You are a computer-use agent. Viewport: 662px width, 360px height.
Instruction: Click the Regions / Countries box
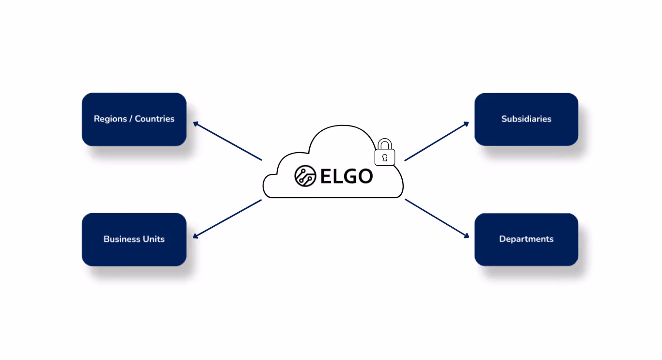click(134, 119)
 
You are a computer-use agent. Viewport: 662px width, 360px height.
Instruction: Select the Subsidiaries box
click(526, 119)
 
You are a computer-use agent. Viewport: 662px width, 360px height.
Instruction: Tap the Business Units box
click(134, 239)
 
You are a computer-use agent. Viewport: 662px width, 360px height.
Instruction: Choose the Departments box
click(526, 239)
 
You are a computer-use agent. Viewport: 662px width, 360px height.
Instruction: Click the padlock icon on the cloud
click(385, 154)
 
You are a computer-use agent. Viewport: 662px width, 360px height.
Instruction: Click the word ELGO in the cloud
click(347, 176)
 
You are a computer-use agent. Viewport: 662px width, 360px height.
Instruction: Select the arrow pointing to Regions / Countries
click(227, 141)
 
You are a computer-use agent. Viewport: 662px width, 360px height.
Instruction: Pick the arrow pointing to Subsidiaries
click(437, 141)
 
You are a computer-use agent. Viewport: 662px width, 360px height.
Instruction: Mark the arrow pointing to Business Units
click(227, 219)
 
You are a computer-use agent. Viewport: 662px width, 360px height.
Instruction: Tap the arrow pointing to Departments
click(437, 219)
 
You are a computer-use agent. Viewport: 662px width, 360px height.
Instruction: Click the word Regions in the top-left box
click(110, 119)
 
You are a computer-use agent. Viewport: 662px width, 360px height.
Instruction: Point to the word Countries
click(155, 119)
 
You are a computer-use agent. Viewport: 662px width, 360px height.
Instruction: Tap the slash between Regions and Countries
click(131, 119)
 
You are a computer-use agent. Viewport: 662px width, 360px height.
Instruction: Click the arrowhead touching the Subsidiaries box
click(466, 124)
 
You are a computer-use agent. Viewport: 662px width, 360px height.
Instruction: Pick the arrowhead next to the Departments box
click(466, 235)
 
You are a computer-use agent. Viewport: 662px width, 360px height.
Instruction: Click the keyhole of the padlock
click(385, 157)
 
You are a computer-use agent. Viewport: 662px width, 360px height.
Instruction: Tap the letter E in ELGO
click(326, 176)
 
